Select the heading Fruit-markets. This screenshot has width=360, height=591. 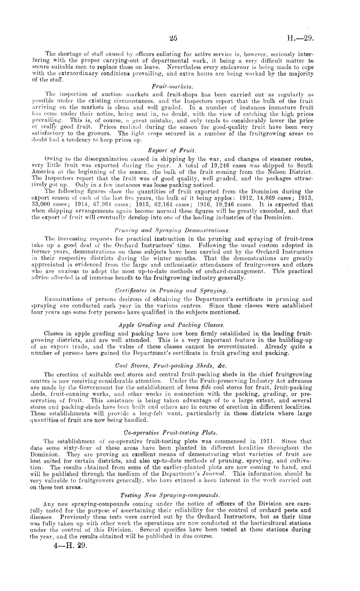click(167, 86)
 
